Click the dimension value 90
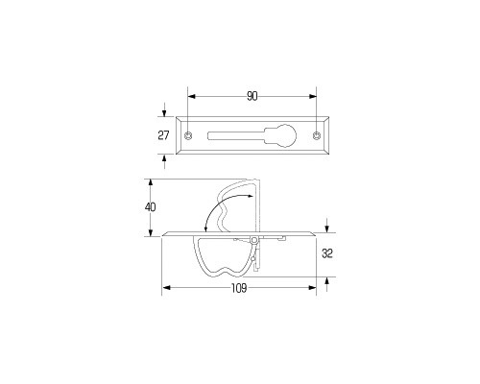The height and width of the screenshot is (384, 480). tap(252, 96)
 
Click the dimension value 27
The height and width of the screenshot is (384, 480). tap(163, 135)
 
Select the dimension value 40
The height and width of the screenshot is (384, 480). tap(150, 207)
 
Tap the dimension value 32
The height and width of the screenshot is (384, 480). tap(327, 253)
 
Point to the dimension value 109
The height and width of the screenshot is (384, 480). tap(239, 288)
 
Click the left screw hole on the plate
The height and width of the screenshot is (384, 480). tap(188, 135)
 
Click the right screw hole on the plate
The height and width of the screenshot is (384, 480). tap(317, 135)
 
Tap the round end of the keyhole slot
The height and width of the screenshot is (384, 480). tap(285, 135)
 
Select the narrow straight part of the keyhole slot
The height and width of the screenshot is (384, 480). tap(236, 135)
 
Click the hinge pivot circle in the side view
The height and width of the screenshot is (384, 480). tap(254, 240)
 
